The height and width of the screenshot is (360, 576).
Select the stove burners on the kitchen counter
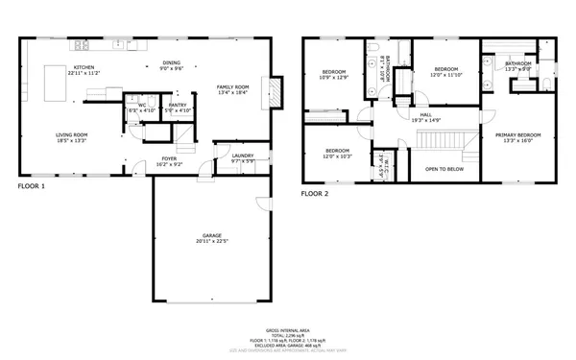point(83,44)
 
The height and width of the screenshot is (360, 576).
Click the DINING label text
point(171,62)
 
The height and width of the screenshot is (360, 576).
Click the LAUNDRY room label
point(242,156)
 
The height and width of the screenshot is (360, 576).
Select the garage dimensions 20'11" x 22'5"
point(212,240)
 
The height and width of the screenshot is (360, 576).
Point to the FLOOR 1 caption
point(31,186)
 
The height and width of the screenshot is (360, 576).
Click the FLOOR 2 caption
point(315,193)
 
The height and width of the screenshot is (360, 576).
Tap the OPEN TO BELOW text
point(444,168)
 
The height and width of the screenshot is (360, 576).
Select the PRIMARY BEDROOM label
point(518,135)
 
